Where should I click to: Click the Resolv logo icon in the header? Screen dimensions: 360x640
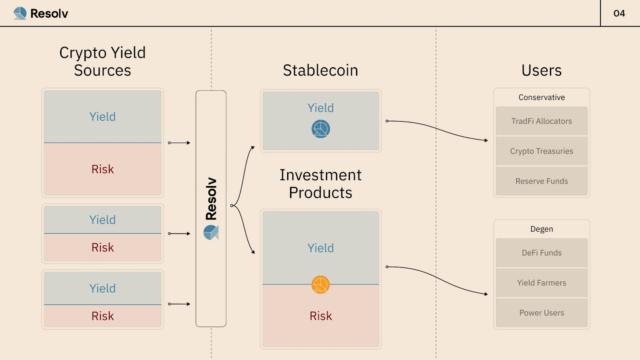(20, 13)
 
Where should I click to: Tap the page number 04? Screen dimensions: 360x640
(619, 13)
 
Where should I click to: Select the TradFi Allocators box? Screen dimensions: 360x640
(542, 121)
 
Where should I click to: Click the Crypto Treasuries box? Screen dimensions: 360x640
(542, 151)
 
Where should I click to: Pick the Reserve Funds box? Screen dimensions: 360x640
(542, 181)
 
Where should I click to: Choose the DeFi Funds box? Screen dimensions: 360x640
(542, 253)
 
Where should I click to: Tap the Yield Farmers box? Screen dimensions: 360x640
(542, 283)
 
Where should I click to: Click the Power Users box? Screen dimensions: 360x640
(542, 313)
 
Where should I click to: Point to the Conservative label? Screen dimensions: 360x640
(542, 97)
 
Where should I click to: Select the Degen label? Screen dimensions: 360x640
(542, 229)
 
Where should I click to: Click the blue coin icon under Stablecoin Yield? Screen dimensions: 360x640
(321, 129)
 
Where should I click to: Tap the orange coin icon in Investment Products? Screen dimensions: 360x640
(321, 285)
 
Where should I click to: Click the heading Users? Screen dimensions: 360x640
(542, 70)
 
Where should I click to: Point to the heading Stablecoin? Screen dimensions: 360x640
(320, 70)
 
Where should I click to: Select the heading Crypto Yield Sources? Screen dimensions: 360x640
(102, 61)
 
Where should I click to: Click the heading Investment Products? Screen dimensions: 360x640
(320, 184)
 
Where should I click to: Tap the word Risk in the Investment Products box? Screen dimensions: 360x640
(321, 316)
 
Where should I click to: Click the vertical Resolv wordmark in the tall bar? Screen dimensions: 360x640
(211, 199)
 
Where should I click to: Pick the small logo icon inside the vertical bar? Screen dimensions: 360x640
(211, 232)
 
